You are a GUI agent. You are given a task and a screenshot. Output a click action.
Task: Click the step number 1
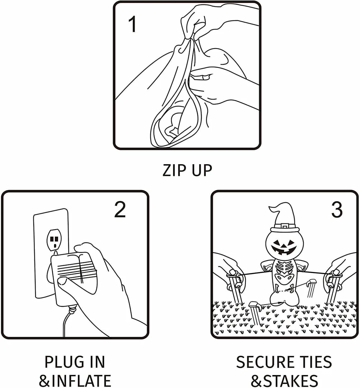coord(132,24)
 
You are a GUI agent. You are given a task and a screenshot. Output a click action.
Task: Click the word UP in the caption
coord(201,170)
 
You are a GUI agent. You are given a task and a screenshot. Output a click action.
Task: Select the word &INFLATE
coord(75,380)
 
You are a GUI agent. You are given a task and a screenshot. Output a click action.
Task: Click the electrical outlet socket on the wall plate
coord(53,240)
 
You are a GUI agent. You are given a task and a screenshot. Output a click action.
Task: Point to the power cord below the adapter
coord(65,323)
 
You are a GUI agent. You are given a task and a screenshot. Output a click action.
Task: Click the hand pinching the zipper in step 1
coord(201,22)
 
